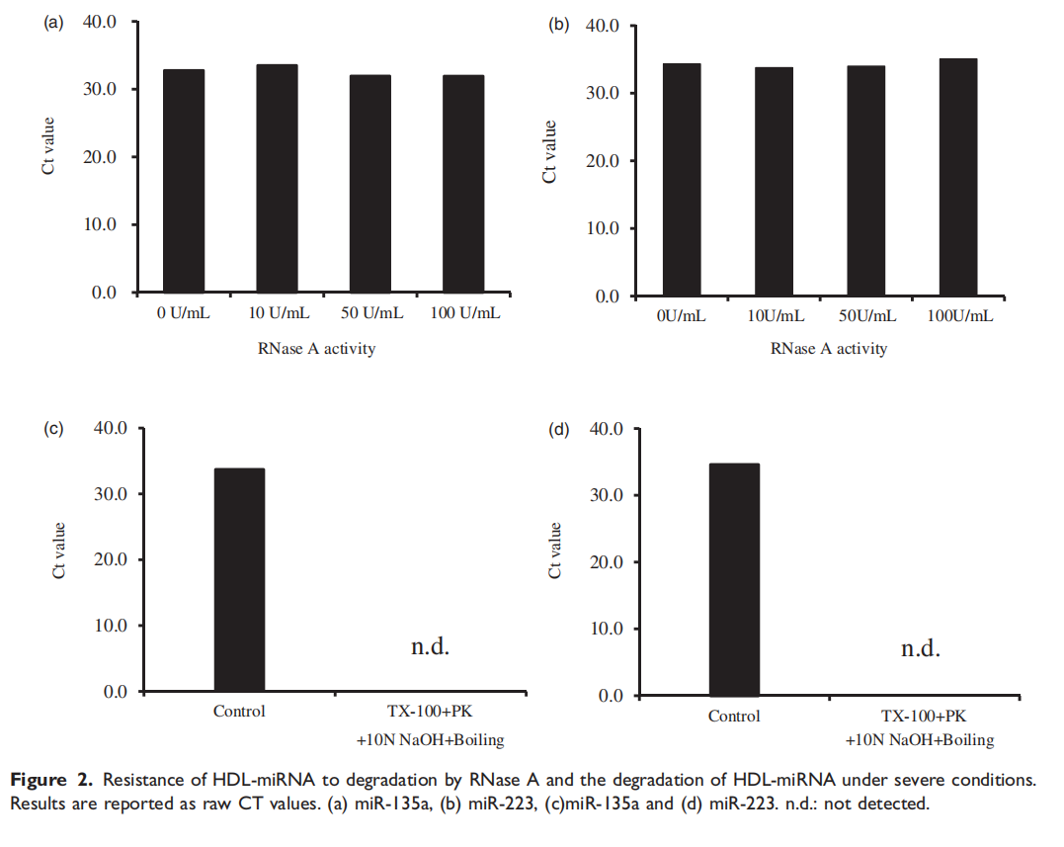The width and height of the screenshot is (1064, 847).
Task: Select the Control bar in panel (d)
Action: coord(734,579)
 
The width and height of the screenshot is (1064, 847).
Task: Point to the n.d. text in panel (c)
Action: coord(430,647)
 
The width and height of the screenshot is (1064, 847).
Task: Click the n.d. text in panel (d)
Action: coord(920,649)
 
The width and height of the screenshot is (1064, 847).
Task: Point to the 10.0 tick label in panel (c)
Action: coord(110,626)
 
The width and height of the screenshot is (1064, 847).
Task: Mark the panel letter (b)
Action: coord(559,23)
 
